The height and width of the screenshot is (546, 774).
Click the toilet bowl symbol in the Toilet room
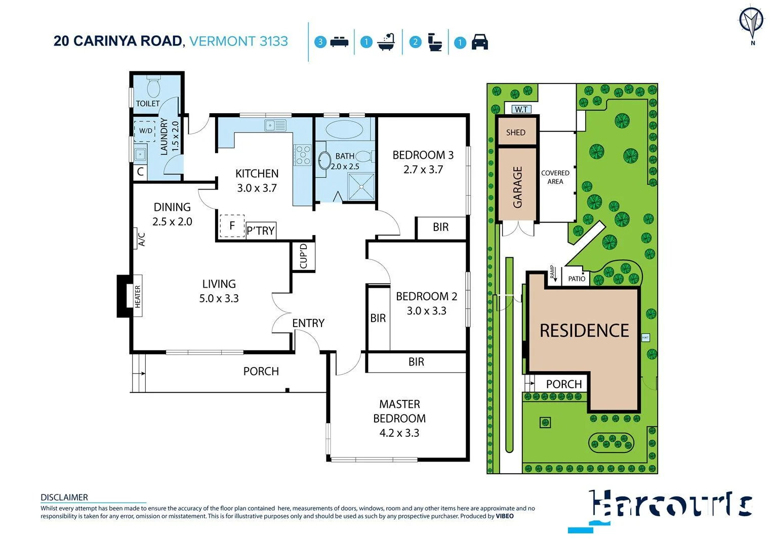point(153,87)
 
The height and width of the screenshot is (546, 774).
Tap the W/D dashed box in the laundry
point(145,130)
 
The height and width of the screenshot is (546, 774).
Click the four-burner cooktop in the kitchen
point(303,155)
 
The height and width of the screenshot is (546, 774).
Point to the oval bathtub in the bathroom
point(344,129)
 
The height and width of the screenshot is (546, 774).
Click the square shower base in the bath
point(361,186)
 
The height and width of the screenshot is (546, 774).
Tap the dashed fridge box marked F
point(232,226)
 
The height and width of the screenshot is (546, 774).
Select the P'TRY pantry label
point(261,231)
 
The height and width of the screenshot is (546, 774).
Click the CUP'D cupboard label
point(304,256)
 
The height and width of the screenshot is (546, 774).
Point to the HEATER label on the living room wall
point(138,296)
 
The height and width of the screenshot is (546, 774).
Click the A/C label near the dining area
point(142,239)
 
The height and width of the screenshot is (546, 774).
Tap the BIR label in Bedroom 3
point(440,227)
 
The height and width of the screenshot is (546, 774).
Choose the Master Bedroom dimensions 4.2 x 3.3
point(399,433)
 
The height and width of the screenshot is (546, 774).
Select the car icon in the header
point(479,42)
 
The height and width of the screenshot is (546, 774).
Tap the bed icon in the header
point(339,42)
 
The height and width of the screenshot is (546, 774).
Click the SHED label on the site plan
point(516,132)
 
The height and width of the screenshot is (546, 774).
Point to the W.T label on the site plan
point(521,109)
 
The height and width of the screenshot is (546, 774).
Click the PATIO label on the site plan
point(577,279)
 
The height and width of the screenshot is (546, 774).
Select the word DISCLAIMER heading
point(64,497)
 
